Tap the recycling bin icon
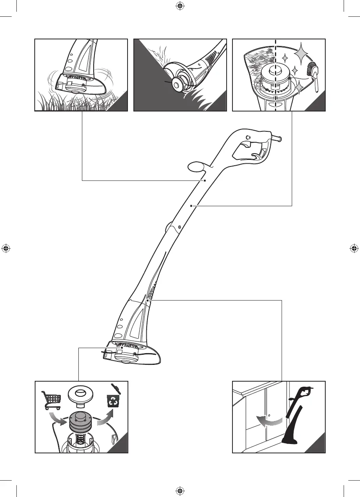pyautogui.click(x=113, y=400)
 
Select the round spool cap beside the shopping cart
pyautogui.click(x=82, y=394)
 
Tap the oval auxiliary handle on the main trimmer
pyautogui.click(x=196, y=167)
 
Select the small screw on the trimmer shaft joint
pyautogui.click(x=179, y=227)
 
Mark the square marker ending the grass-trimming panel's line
pyautogui.click(x=204, y=181)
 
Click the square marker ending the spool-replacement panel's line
pyautogui.click(x=122, y=348)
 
